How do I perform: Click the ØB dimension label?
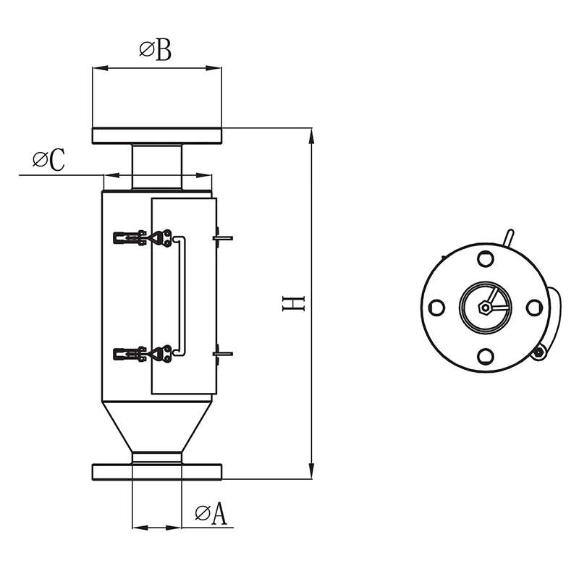tap(155, 51)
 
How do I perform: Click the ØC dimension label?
tap(48, 161)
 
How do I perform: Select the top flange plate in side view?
tap(156, 135)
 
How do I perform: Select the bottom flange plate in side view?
tap(156, 471)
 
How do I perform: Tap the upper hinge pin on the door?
tap(221, 237)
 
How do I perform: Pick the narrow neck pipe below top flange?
tap(156, 166)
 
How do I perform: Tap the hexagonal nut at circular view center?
tap(485, 308)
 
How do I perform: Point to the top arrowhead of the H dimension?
tap(312, 135)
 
